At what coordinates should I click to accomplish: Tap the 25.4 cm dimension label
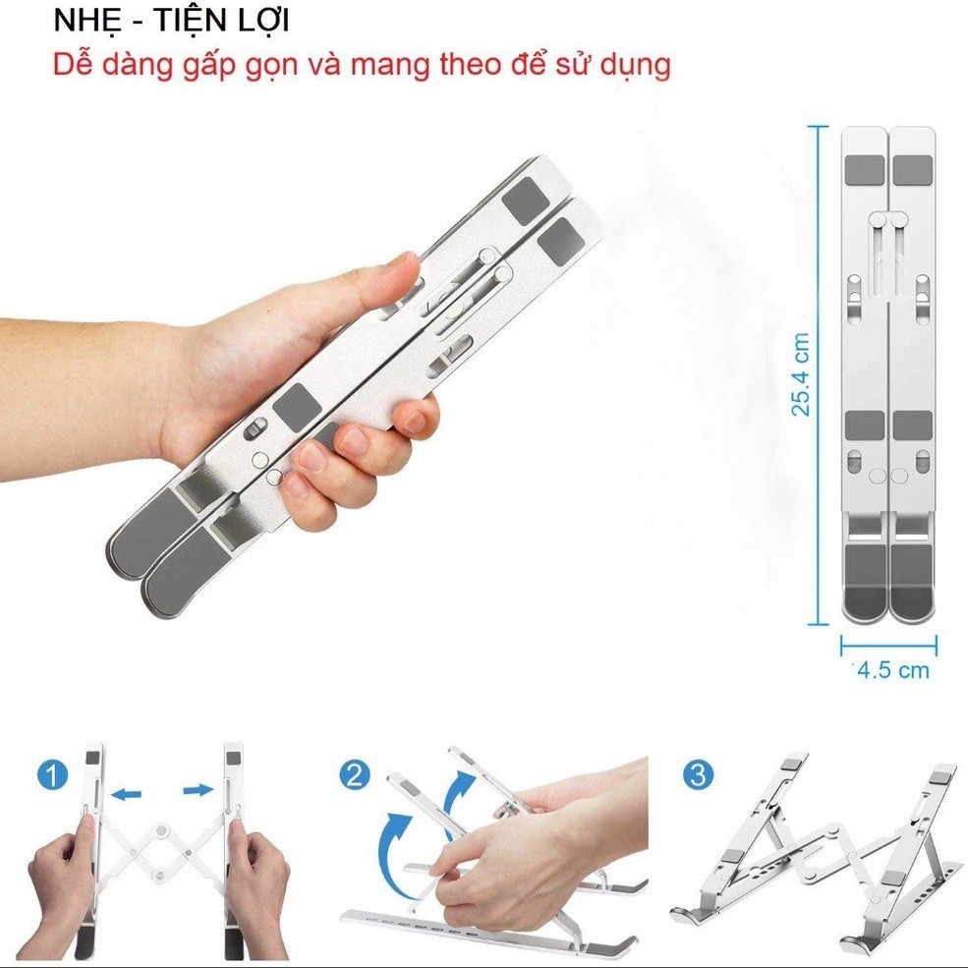(802, 374)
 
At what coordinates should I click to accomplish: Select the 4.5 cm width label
(892, 670)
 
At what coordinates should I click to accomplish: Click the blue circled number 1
(54, 776)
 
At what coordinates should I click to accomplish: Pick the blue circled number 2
(355, 774)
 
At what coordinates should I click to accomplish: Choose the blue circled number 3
(698, 774)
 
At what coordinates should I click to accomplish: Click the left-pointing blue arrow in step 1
(126, 792)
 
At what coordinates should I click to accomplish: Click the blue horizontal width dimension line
(888, 646)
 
